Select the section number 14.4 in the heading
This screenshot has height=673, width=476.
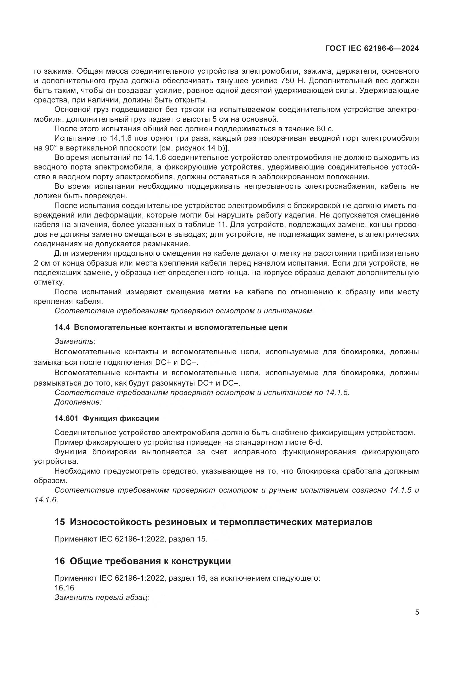click(x=62, y=327)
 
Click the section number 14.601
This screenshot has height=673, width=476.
click(x=66, y=419)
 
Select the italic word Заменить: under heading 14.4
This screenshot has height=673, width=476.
click(x=75, y=342)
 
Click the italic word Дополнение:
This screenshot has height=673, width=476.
click(x=78, y=402)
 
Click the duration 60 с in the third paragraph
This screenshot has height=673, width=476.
click(x=324, y=129)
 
